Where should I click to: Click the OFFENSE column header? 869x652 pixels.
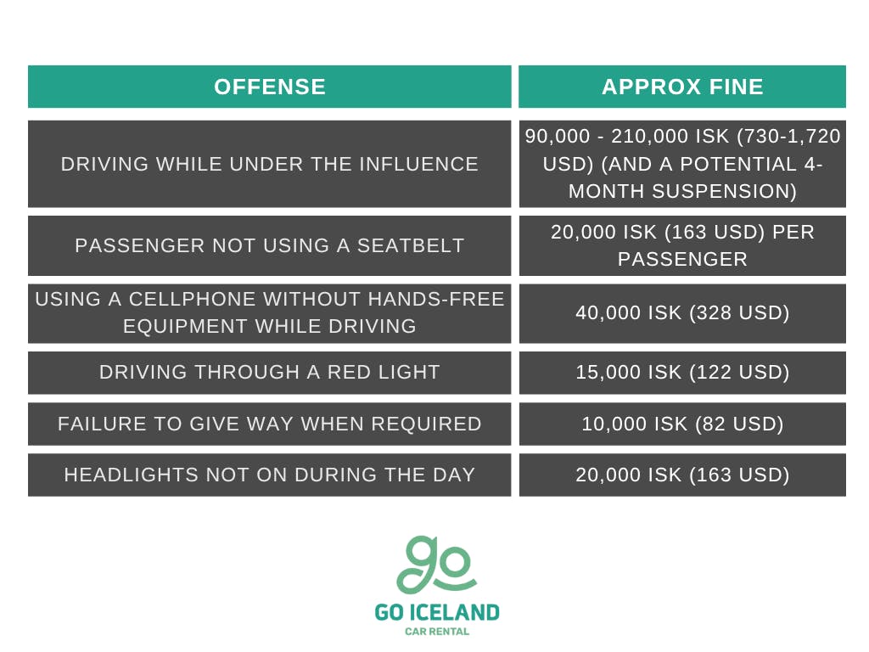(269, 87)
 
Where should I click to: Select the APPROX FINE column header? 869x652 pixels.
(682, 87)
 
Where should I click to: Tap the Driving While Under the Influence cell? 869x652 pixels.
(269, 164)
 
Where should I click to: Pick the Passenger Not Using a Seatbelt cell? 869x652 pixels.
(269, 245)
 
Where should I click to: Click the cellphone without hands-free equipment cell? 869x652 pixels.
(269, 312)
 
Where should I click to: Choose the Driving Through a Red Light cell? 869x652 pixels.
(269, 372)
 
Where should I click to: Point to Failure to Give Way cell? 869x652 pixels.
(269, 423)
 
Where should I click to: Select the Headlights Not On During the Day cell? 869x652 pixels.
(269, 475)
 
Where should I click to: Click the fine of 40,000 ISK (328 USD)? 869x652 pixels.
(682, 312)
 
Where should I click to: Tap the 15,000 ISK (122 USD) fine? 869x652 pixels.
(682, 372)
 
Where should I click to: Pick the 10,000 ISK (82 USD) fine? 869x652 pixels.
(682, 423)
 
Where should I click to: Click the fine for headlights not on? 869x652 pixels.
(682, 475)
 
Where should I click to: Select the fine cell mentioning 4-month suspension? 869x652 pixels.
(682, 164)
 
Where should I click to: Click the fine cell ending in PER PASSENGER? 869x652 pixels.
(682, 245)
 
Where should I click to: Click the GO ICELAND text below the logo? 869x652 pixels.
(436, 612)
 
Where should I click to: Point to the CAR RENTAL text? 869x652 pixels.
(436, 631)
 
